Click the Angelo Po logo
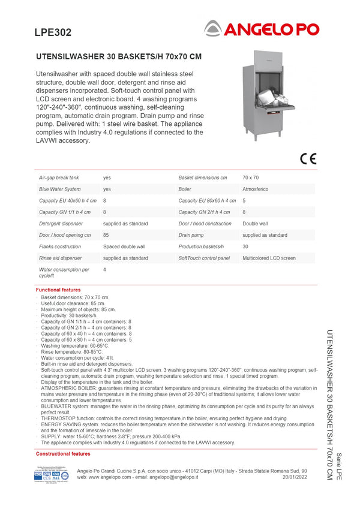click(x=261, y=28)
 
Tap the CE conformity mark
click(x=308, y=159)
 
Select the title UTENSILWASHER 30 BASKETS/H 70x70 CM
click(x=119, y=57)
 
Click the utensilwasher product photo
click(x=269, y=96)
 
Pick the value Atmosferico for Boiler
click(x=257, y=189)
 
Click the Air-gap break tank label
click(x=59, y=178)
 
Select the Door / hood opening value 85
click(x=106, y=235)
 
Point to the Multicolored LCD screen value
click(x=269, y=258)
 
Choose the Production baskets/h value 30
click(x=245, y=246)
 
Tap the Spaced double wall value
click(x=124, y=246)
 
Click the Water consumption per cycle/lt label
click(x=64, y=272)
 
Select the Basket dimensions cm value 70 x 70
click(x=251, y=178)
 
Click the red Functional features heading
click(x=58, y=290)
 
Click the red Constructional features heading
click(x=63, y=454)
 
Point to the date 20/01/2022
click(x=295, y=477)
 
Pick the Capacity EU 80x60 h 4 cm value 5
click(x=244, y=200)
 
